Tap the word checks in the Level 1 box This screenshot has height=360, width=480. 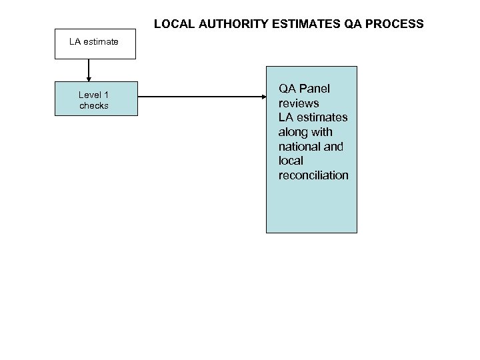[x=94, y=106]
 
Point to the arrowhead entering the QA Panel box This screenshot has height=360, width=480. [x=262, y=99]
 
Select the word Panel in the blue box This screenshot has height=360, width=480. [x=315, y=89]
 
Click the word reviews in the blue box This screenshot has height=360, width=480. [x=299, y=103]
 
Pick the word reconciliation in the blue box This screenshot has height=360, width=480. [x=313, y=175]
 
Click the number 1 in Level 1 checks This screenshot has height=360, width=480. [x=106, y=95]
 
